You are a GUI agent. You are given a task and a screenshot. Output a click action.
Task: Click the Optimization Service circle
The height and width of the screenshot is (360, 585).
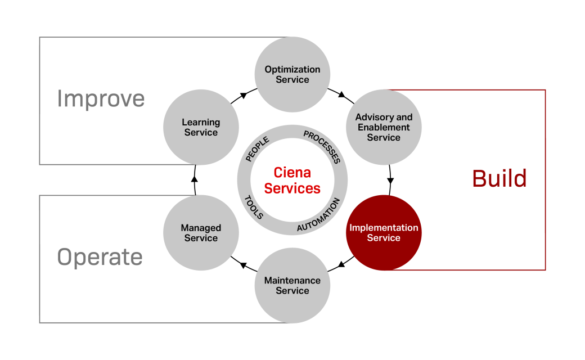tap(292, 74)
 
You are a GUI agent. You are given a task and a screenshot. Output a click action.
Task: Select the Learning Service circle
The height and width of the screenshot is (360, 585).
tap(201, 127)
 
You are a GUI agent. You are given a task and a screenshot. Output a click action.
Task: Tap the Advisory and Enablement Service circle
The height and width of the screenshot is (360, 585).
tap(384, 127)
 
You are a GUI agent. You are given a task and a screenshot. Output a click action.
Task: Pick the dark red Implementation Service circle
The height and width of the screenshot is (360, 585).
tap(384, 233)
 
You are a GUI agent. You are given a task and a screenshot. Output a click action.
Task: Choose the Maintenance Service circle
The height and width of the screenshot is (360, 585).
tap(292, 286)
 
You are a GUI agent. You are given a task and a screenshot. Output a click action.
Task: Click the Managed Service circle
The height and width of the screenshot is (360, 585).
tap(201, 233)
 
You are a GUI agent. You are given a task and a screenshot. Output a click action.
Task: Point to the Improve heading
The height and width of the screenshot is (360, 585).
tap(101, 99)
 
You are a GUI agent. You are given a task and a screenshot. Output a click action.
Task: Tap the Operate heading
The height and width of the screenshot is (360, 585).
tap(100, 258)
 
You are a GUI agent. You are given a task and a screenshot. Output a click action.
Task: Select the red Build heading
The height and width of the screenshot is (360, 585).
tap(499, 179)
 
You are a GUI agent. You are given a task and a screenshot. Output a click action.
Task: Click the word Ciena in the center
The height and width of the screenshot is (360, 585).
tap(292, 172)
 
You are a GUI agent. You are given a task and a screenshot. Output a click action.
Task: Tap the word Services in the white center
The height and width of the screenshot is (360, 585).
tap(292, 188)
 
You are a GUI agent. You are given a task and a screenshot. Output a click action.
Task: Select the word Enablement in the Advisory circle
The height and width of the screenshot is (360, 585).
tap(384, 128)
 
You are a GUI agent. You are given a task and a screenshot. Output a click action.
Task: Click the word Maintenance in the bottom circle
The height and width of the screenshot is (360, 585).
tap(292, 281)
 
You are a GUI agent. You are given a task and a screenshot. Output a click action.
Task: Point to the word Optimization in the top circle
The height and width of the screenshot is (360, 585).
tap(292, 70)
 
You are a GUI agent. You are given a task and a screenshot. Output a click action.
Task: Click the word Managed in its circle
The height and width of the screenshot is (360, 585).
tap(201, 228)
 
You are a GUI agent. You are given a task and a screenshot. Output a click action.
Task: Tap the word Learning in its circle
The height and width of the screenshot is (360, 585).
tap(201, 122)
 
